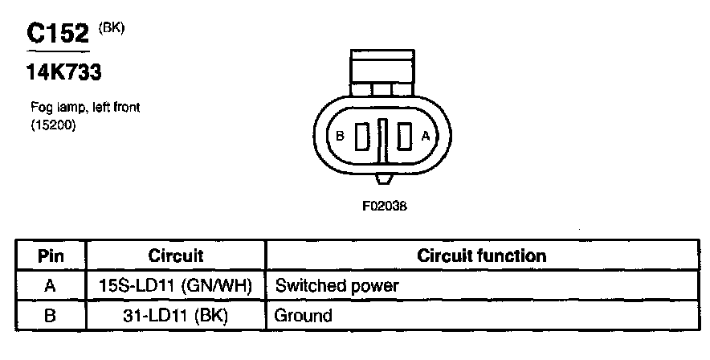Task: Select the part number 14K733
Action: [64, 73]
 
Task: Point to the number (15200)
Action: [53, 125]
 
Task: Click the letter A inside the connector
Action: [426, 137]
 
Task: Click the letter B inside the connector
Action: [340, 137]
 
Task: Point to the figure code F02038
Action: [385, 206]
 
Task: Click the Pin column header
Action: [51, 256]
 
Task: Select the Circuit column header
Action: [176, 256]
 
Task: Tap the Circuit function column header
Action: [482, 256]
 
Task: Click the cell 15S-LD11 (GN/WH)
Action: [176, 285]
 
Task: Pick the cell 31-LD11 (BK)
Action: [176, 315]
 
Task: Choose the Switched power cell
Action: [337, 285]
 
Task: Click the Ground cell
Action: [303, 315]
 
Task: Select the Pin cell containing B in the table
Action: [51, 315]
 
